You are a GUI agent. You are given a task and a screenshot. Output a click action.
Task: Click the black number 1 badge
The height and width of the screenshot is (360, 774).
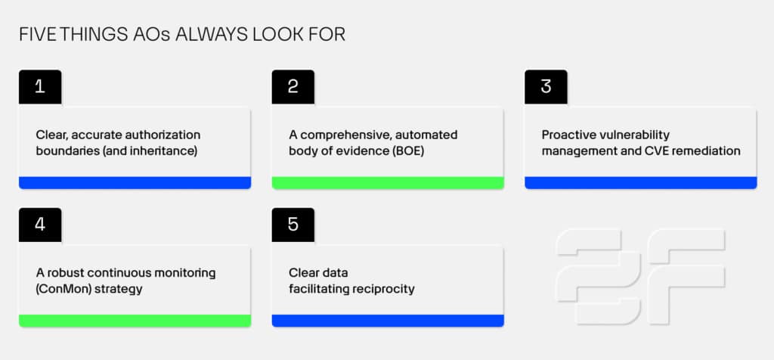(x=40, y=87)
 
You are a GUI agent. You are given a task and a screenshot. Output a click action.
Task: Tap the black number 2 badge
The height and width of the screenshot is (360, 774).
(x=293, y=87)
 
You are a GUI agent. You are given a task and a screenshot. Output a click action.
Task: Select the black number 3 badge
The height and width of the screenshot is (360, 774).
(x=546, y=87)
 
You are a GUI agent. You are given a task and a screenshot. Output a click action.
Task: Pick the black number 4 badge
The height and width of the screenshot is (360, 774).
(x=40, y=225)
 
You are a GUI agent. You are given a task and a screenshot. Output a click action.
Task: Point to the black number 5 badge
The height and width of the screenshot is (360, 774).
(x=293, y=225)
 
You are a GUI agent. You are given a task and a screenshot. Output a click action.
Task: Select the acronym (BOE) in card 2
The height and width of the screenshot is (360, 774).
(x=407, y=151)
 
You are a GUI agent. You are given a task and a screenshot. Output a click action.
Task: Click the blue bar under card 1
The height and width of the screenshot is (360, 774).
(x=135, y=183)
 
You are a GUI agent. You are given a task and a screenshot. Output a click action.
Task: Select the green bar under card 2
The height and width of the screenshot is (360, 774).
(x=388, y=183)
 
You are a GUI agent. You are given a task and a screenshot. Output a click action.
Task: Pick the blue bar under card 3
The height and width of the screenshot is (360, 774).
(x=641, y=183)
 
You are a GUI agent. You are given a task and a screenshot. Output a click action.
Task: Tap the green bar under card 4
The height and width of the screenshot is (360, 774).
(x=135, y=321)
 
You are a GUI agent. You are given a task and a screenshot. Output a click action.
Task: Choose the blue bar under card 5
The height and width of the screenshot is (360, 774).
(x=388, y=321)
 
